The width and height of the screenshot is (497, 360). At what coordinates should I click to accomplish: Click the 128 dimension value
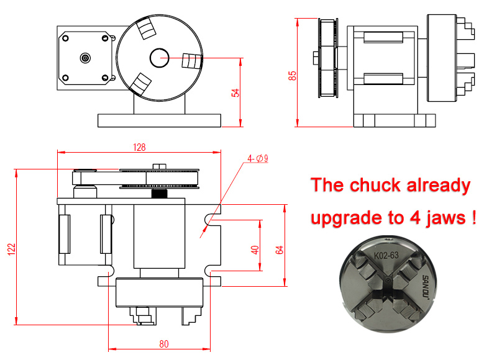[139, 147]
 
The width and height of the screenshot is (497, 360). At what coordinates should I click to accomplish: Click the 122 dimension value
[11, 249]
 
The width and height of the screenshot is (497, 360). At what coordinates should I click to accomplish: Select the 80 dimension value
[164, 344]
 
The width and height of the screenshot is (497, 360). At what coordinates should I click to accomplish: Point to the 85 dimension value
[292, 76]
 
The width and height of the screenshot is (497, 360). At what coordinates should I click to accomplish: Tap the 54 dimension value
[235, 92]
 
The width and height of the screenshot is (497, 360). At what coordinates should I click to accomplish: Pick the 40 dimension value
[255, 250]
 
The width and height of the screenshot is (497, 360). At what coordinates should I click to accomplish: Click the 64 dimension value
[279, 250]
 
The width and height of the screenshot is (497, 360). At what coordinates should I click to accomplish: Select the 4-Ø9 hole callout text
[258, 158]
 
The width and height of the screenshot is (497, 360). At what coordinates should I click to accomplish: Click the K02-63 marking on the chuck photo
[386, 255]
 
